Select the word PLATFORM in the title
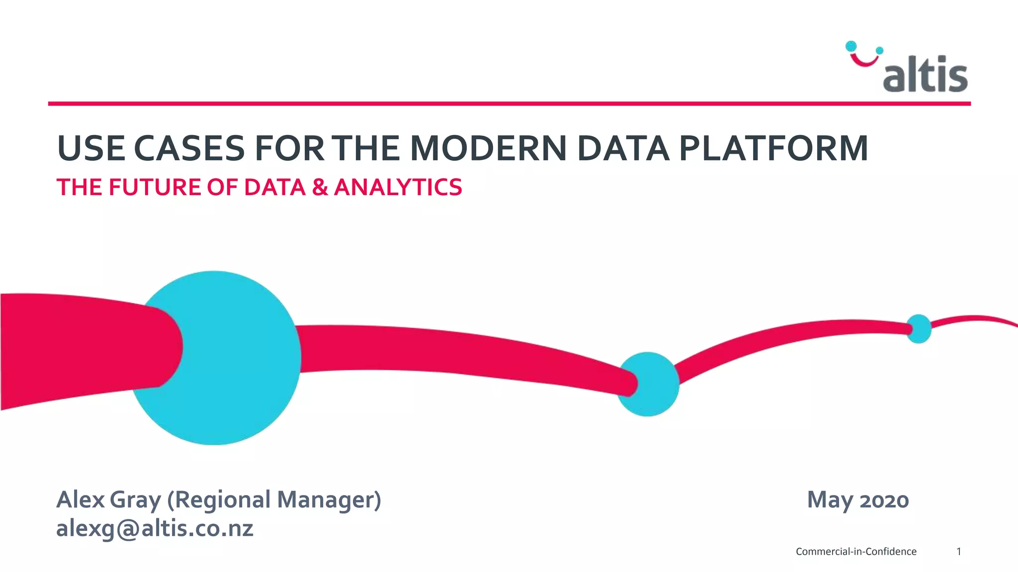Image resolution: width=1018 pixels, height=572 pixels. (x=773, y=148)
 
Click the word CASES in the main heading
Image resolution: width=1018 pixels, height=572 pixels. (x=189, y=148)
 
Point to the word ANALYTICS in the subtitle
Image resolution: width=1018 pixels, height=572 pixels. (x=398, y=187)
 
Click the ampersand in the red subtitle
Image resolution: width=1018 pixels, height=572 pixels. (x=320, y=187)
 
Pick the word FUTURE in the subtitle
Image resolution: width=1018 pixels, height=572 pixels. (x=155, y=187)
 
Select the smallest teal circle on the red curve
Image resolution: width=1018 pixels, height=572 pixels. (x=919, y=329)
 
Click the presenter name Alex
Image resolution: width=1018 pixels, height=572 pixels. (x=81, y=500)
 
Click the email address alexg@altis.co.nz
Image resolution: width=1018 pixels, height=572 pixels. (x=155, y=528)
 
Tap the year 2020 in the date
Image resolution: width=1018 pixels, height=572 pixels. (x=884, y=500)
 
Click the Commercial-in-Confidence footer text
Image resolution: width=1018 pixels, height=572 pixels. (x=856, y=552)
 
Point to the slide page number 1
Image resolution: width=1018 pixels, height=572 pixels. (x=959, y=552)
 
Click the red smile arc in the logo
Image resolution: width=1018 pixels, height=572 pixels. (x=864, y=61)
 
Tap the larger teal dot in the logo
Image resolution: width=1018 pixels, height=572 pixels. (x=851, y=46)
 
